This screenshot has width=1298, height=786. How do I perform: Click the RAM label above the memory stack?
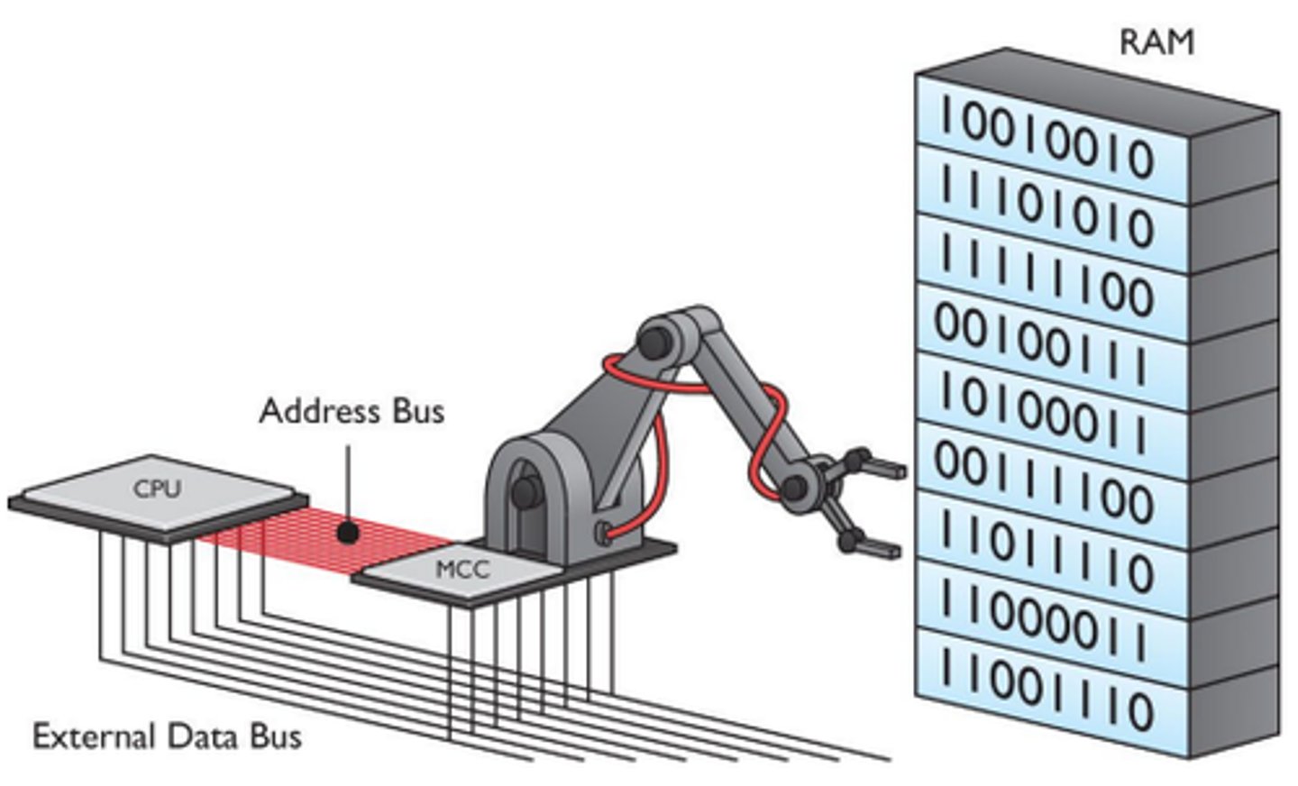pyautogui.click(x=1156, y=42)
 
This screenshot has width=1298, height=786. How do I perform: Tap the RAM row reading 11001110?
pyautogui.click(x=1046, y=690)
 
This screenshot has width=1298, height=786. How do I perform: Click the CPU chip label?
pyautogui.click(x=157, y=489)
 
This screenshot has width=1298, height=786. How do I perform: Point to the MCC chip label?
pyautogui.click(x=462, y=570)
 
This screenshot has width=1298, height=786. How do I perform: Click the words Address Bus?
pyautogui.click(x=352, y=411)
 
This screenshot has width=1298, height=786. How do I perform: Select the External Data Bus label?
pyautogui.click(x=167, y=736)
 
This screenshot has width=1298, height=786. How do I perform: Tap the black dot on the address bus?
pyautogui.click(x=347, y=533)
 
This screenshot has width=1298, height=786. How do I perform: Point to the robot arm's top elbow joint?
pyautogui.click(x=655, y=340)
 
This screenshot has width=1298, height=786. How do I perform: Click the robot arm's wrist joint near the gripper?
pyautogui.click(x=794, y=489)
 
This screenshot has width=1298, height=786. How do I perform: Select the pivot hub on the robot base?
pyautogui.click(x=521, y=491)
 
